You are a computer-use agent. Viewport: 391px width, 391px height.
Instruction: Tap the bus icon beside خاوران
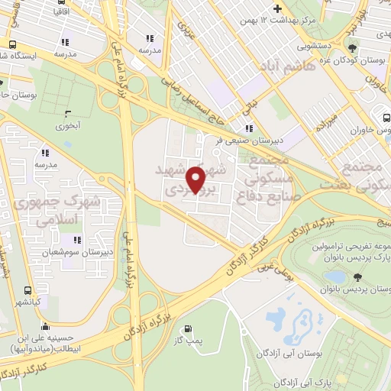tap(386, 118)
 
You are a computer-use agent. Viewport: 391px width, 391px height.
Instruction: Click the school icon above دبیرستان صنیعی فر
tap(247, 128)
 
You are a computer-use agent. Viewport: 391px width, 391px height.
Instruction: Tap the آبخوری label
tap(68, 122)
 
